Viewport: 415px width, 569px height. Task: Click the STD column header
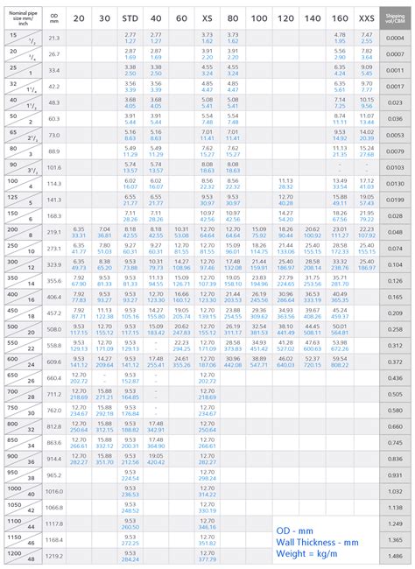tap(130, 17)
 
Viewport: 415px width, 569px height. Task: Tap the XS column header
tap(207, 17)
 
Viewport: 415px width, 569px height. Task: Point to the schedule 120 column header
tap(285, 17)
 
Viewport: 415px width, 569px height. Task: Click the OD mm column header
tap(54, 17)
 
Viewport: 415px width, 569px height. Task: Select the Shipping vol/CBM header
tap(396, 17)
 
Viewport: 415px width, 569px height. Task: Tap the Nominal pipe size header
tap(21, 17)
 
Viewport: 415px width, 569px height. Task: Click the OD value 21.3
tap(54, 37)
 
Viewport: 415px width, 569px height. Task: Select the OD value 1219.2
tap(54, 556)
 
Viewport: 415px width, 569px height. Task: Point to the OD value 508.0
tap(54, 329)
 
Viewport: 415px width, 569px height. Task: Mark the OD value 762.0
tap(54, 410)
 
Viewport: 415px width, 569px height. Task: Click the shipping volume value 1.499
tap(396, 556)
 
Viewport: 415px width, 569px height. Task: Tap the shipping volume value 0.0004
tap(396, 37)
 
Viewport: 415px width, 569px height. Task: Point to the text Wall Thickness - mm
tap(317, 543)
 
